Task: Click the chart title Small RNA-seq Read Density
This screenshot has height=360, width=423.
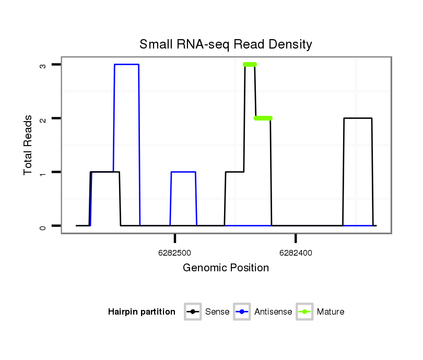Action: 226,44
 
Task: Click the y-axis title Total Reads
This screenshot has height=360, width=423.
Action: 28,145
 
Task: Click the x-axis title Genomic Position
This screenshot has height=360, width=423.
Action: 226,268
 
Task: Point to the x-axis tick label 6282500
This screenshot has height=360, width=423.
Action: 174,253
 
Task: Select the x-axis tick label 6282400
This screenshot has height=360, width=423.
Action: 296,253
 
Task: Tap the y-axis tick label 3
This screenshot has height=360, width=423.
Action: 43,65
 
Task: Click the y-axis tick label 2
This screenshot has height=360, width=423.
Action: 43,118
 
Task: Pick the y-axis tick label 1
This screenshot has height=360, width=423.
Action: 43,172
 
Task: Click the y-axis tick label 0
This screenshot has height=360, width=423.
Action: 43,226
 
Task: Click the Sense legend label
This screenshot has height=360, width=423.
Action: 217,312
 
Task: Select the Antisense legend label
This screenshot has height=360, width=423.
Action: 273,312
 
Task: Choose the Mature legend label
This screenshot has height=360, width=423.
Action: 330,312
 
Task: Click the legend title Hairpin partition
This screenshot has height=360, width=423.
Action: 142,312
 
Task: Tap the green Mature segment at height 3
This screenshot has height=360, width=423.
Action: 250,65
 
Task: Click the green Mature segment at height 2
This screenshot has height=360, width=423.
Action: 263,118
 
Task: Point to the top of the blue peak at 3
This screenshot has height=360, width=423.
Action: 126,65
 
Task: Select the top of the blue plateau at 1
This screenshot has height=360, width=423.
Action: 183,172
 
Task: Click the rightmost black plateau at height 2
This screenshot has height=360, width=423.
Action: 358,118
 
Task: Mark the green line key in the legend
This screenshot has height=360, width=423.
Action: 304,312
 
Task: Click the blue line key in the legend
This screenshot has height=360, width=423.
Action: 242,312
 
